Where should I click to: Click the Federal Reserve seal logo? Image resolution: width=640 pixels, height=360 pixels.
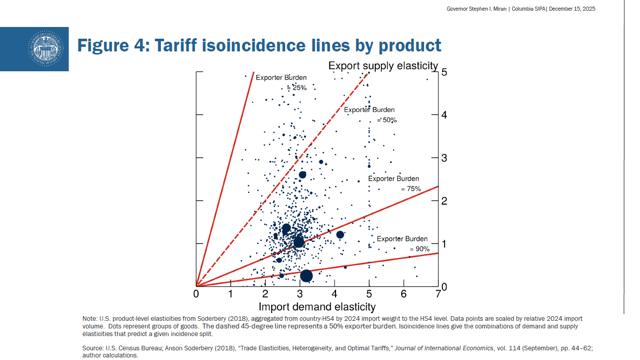tap(47, 48)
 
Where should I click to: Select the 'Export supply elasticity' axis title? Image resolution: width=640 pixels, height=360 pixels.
tap(383, 66)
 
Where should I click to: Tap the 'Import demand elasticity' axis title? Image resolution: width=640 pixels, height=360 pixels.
tap(317, 307)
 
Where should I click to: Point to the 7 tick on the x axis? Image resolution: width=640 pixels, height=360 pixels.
tap(438, 294)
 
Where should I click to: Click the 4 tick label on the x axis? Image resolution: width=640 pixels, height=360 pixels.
tap(335, 294)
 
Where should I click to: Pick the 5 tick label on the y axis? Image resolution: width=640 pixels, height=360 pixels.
tap(444, 72)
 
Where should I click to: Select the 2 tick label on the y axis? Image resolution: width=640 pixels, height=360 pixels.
tap(444, 201)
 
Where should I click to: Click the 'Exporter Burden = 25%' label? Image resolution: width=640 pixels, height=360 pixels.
tap(282, 82)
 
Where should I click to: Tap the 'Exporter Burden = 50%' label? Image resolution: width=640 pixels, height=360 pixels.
tap(369, 115)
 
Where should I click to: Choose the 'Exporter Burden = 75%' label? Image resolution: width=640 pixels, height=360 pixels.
tap(394, 183)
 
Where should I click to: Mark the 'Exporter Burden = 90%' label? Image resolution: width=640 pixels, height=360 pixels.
tap(402, 244)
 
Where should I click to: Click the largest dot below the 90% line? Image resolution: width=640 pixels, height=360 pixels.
tap(306, 275)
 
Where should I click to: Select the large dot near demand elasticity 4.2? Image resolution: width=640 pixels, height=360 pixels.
tap(340, 235)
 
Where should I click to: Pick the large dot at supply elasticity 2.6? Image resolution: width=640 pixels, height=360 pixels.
tap(302, 175)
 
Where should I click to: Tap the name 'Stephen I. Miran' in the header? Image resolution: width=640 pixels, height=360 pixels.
tap(484, 9)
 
